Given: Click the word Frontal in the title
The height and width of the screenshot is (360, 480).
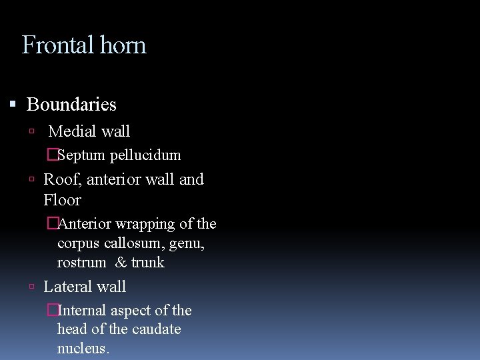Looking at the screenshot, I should [x=57, y=45].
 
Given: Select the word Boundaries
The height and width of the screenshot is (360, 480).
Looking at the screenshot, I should [x=71, y=105].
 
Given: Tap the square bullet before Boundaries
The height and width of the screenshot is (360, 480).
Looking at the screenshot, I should [x=13, y=104].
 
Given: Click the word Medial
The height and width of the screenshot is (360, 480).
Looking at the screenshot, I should [x=71, y=131].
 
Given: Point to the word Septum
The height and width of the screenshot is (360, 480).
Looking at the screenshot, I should [x=82, y=155].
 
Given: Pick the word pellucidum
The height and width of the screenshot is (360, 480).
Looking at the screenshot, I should [x=145, y=155].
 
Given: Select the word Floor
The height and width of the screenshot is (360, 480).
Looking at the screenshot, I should [x=62, y=200].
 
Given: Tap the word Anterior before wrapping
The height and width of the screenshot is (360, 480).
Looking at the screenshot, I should [x=84, y=224].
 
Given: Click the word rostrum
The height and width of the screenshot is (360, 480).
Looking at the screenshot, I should [x=81, y=263].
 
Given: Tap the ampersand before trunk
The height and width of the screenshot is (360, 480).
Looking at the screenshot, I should [x=121, y=263].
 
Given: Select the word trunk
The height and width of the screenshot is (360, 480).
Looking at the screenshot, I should [x=147, y=263].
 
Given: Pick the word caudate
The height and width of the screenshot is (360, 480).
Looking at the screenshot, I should [x=158, y=329].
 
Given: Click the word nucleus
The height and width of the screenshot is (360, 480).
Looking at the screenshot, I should [x=83, y=348].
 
